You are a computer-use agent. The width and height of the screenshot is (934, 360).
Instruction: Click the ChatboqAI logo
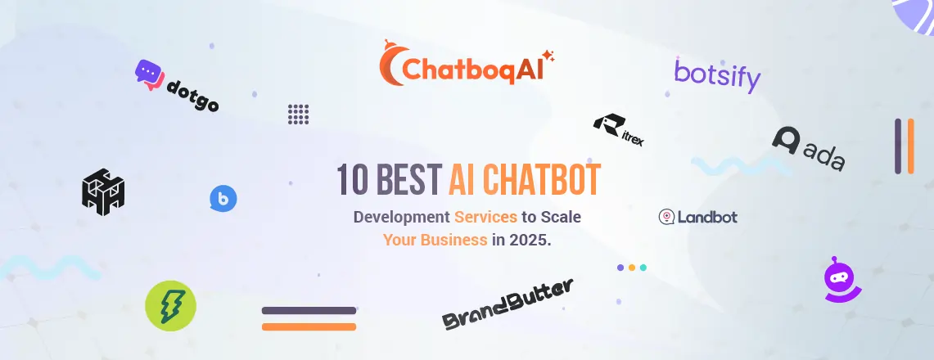pyautogui.click(x=467, y=64)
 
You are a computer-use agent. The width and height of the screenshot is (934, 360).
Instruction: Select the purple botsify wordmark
pyautogui.click(x=717, y=75)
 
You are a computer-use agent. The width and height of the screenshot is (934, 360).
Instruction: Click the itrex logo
pyautogui.click(x=618, y=130)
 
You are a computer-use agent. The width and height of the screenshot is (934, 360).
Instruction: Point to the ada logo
pyautogui.click(x=809, y=149)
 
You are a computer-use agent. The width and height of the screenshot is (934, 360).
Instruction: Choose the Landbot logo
pyautogui.click(x=697, y=217)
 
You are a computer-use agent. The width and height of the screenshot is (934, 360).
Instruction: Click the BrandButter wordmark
pyautogui.click(x=508, y=304)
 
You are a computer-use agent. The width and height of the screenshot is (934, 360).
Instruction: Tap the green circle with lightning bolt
pyautogui.click(x=170, y=306)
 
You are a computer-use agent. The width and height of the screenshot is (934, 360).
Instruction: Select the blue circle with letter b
pyautogui.click(x=223, y=199)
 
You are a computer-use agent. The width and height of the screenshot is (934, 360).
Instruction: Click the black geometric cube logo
pyautogui.click(x=103, y=191)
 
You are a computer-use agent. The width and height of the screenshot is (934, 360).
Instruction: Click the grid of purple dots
pyautogui.click(x=299, y=115)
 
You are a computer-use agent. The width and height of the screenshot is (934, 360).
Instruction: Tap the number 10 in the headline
pyautogui.click(x=351, y=180)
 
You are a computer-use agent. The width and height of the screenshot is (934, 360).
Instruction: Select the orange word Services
pyautogui.click(x=485, y=217)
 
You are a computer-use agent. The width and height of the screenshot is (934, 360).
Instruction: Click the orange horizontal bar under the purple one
pyautogui.click(x=309, y=326)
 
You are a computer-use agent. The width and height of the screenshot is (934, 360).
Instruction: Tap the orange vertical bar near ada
pyautogui.click(x=911, y=146)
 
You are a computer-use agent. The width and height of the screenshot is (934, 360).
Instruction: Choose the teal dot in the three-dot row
pyautogui.click(x=643, y=268)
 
